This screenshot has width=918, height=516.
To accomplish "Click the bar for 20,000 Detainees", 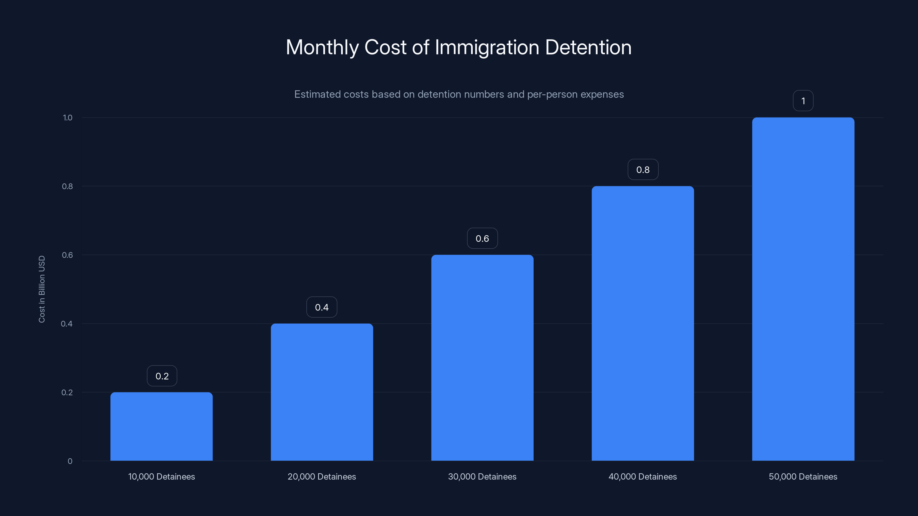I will [322, 392].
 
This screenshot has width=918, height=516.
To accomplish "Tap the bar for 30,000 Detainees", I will [482, 357].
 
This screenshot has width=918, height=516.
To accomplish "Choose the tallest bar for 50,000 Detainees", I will [803, 289].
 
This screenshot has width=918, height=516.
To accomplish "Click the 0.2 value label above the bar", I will [162, 376].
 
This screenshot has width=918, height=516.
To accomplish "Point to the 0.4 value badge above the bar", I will [322, 307].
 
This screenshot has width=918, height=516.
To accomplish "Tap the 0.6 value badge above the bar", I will [482, 239].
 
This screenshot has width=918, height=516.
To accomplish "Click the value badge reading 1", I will [803, 101].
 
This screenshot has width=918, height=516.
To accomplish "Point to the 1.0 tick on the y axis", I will [67, 118].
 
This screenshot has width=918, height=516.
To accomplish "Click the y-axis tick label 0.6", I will [67, 255].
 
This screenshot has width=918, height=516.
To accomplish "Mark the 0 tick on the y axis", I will [70, 461].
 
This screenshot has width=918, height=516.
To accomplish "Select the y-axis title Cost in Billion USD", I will [42, 289].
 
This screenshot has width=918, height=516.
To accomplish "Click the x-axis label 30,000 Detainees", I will [482, 477].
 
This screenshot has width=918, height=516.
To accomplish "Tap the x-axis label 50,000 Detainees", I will [803, 477].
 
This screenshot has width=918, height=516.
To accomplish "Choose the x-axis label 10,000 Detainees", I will [162, 477].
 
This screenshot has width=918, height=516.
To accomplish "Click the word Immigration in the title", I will [487, 47].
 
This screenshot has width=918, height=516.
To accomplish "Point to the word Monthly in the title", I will [322, 47].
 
